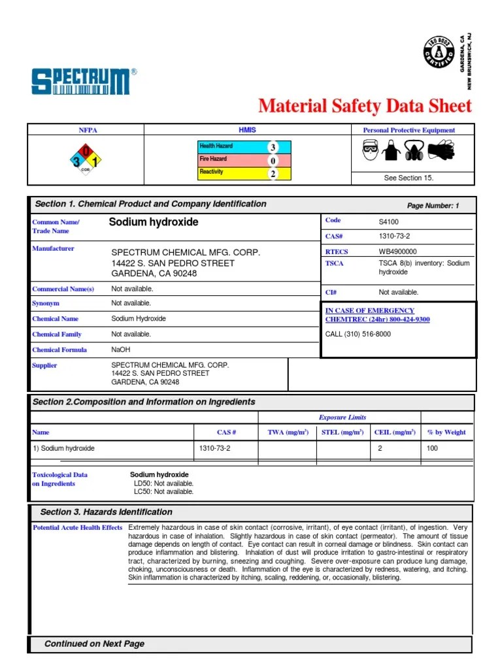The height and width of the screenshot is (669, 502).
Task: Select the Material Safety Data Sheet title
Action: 365,106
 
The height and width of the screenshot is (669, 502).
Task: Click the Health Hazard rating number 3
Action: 273,148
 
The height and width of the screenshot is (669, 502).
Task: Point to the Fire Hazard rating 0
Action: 273,161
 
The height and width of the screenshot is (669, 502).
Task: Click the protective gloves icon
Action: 441,151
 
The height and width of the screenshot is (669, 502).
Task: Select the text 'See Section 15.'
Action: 409,178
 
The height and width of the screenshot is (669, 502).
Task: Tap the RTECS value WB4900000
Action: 397,252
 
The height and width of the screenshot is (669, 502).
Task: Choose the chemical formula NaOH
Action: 121,350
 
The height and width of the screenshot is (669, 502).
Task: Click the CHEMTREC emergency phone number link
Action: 377,319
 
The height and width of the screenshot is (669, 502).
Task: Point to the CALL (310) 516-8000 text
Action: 358,334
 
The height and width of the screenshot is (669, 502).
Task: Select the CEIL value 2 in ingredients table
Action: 380,448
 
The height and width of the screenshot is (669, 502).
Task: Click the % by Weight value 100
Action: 432,448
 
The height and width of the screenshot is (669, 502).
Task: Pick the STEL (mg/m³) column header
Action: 343,432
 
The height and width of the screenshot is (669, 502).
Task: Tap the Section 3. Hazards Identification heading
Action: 106,512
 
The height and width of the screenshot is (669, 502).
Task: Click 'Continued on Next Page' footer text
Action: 94,644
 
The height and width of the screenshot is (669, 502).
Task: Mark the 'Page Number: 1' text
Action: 433,206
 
